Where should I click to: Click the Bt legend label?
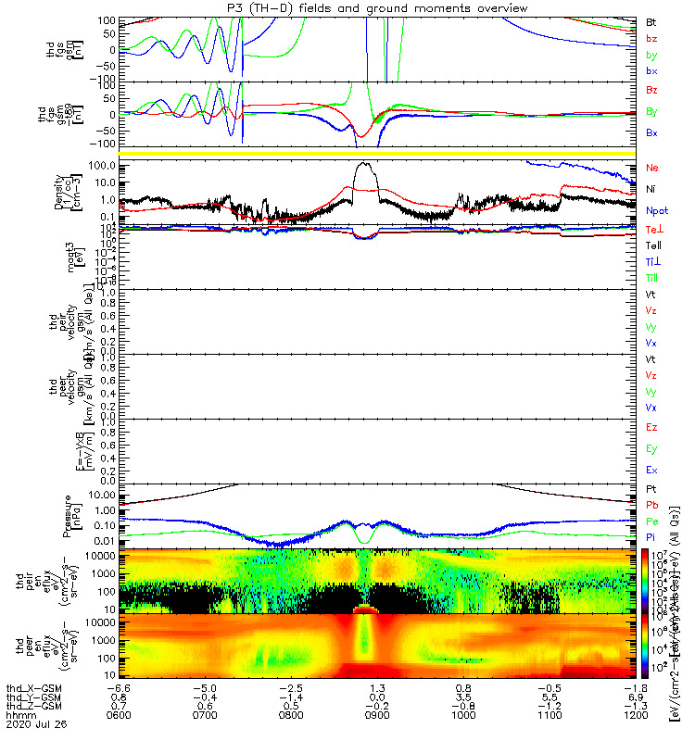(651, 20)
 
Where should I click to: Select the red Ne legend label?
(652, 168)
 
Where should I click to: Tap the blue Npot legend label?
(657, 211)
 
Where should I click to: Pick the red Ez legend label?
(652, 427)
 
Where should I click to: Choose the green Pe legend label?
(652, 521)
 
